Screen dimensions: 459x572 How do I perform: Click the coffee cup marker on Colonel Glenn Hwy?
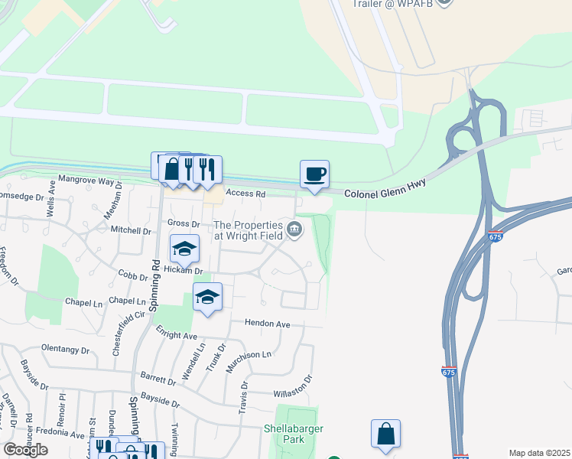(314, 174)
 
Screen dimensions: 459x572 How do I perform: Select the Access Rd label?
(244, 194)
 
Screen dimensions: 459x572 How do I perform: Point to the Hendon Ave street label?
(267, 324)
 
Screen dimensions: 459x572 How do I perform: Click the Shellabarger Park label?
(289, 435)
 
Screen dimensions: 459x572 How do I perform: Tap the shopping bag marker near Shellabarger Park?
(386, 434)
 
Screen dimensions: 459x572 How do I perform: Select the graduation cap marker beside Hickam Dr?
(184, 249)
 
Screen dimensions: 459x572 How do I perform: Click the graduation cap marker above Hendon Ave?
(207, 297)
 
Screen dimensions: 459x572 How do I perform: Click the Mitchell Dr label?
(131, 230)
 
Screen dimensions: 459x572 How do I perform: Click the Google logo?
(25, 449)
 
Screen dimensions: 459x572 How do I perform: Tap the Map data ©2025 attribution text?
(538, 453)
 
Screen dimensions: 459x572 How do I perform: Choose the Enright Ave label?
(177, 335)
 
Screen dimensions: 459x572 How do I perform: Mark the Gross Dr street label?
(184, 224)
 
